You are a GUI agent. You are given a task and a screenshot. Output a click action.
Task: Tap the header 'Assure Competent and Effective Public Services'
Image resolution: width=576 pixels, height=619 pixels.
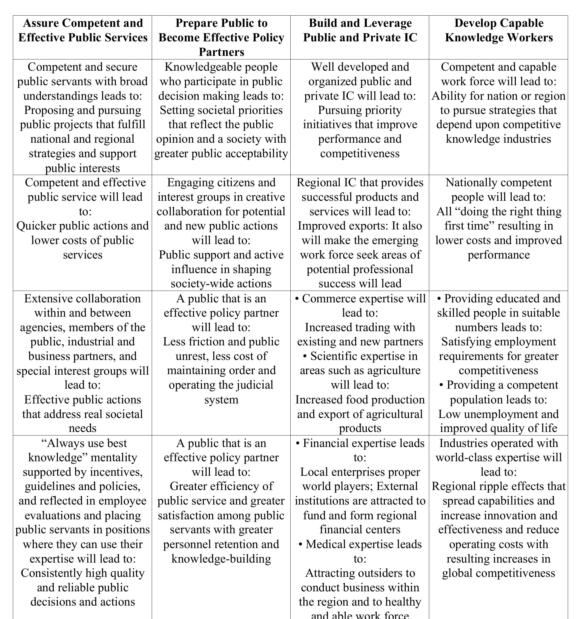[x=82, y=30]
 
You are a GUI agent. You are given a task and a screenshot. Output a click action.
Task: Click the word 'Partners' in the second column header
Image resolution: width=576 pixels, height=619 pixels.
[x=221, y=52]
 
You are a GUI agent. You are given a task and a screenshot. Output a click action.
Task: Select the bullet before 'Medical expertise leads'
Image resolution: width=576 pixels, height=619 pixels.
[x=300, y=545]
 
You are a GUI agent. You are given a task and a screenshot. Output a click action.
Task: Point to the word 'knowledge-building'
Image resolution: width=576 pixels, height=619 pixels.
[x=221, y=558]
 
